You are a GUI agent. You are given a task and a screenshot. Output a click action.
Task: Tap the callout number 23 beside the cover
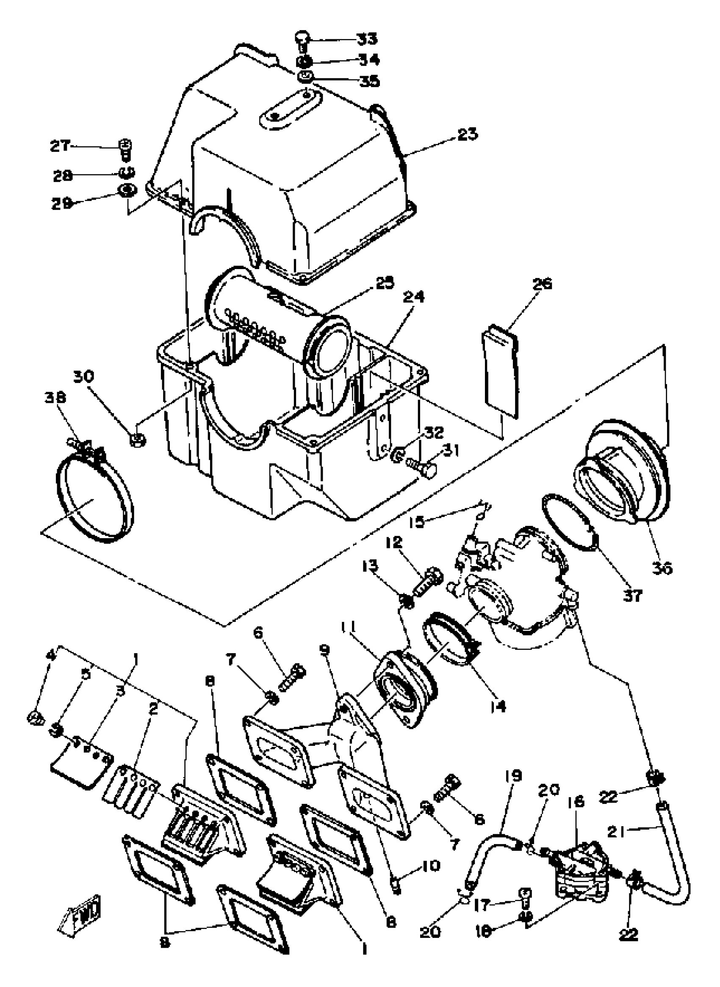pyautogui.click(x=467, y=134)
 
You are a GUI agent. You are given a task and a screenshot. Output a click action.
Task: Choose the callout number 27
pyautogui.click(x=60, y=146)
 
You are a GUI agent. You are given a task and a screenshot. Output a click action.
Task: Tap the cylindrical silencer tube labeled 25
pyautogui.click(x=279, y=320)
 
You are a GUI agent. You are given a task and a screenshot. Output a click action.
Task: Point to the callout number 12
pyautogui.click(x=393, y=543)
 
